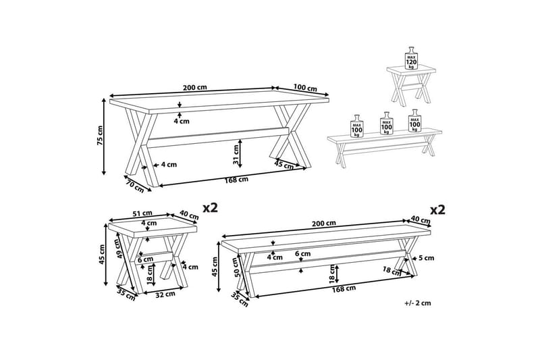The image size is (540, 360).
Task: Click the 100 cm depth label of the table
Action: point(306,88)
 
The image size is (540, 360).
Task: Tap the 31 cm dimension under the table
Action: point(236,154)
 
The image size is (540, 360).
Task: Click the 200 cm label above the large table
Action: point(194,88)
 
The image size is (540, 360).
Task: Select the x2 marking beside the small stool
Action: point(211,209)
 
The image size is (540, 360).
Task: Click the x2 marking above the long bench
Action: point(438,209)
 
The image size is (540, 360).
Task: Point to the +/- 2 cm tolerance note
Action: point(418,303)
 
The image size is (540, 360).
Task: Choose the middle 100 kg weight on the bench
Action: point(387,124)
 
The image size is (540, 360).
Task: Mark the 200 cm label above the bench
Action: point(325,224)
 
